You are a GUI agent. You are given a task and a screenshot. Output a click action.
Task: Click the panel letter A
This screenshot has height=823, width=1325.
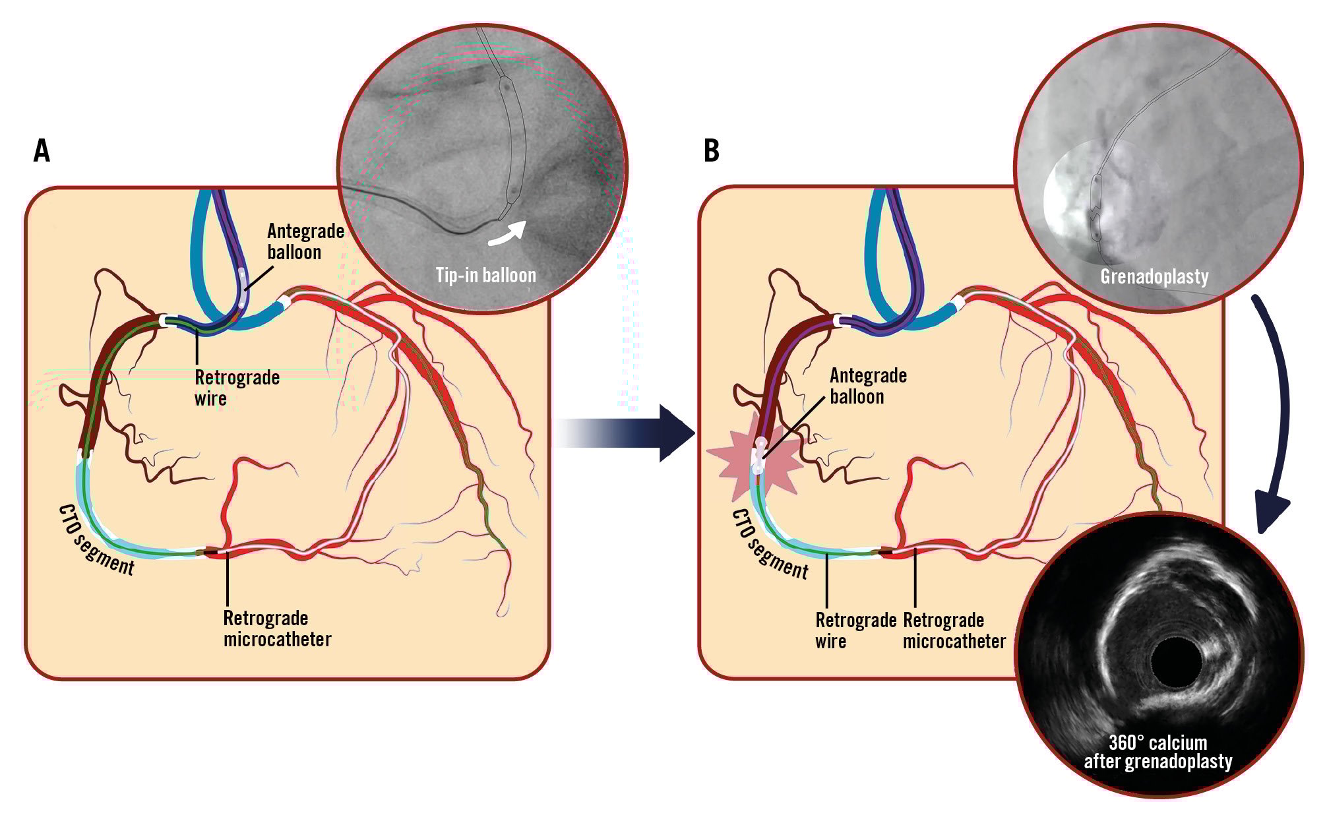coord(42,151)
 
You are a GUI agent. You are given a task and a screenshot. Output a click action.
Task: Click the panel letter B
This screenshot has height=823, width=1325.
coord(711,151)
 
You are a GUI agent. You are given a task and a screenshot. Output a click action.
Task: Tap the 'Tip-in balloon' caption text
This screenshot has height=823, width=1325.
coord(485,275)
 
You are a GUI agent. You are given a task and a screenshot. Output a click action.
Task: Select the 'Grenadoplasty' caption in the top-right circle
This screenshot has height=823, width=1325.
coord(1154,276)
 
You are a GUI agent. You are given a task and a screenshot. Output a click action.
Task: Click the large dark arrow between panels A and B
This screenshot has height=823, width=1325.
coord(627,434)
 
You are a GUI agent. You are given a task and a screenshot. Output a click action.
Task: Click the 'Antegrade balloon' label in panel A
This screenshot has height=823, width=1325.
coord(305,241)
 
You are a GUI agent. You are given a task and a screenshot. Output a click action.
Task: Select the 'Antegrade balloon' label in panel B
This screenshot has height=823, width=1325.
coord(868,386)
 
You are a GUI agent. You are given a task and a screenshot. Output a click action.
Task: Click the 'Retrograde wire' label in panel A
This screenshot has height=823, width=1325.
coord(237,388)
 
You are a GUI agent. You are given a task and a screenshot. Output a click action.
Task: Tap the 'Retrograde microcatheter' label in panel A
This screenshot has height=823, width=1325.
coord(277,628)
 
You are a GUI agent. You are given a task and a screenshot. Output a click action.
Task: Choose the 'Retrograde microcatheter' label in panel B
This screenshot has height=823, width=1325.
coord(954,630)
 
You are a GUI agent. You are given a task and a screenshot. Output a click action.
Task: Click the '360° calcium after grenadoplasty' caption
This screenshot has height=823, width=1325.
coord(1157,752)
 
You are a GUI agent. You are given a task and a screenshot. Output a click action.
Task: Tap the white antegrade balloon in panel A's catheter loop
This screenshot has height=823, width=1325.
coord(243,285)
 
